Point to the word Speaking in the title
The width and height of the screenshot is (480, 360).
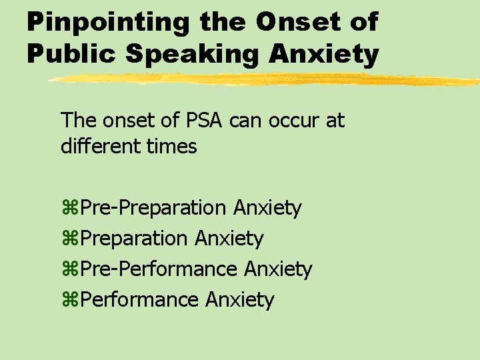[x=190, y=54]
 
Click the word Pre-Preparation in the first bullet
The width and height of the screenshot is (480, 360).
[x=154, y=209]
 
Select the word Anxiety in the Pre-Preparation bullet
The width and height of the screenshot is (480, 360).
[x=267, y=209]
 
